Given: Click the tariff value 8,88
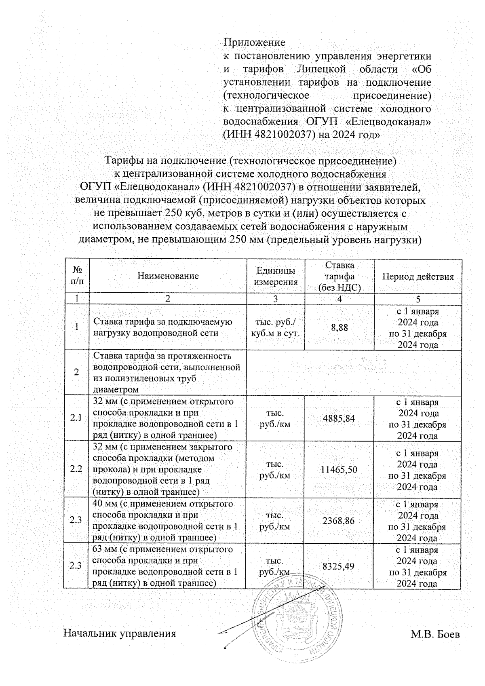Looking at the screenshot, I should pyautogui.click(x=339, y=328).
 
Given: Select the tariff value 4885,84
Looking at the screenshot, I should pyautogui.click(x=338, y=419).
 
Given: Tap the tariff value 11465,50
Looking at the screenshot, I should pyautogui.click(x=339, y=469).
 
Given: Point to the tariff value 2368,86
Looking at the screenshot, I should pyautogui.click(x=338, y=521).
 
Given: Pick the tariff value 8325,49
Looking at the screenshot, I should pyautogui.click(x=338, y=566).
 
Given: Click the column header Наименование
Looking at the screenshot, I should pyautogui.click(x=168, y=276).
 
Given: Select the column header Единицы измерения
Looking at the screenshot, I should pyautogui.click(x=276, y=277).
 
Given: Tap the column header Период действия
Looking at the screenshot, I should pyautogui.click(x=418, y=277).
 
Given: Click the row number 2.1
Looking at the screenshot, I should pyautogui.click(x=76, y=418).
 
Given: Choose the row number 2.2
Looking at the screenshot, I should pyautogui.click(x=76, y=469).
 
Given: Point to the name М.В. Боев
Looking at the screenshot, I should pyautogui.click(x=435, y=634).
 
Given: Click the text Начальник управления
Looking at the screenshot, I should pyautogui.click(x=120, y=633).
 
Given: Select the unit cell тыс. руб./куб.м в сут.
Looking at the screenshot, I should pyautogui.click(x=276, y=328).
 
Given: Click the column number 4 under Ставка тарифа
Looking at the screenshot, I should pyautogui.click(x=339, y=299).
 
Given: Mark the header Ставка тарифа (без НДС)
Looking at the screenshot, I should pyautogui.click(x=339, y=277).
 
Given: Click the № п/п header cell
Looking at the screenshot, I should pyautogui.click(x=77, y=276).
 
